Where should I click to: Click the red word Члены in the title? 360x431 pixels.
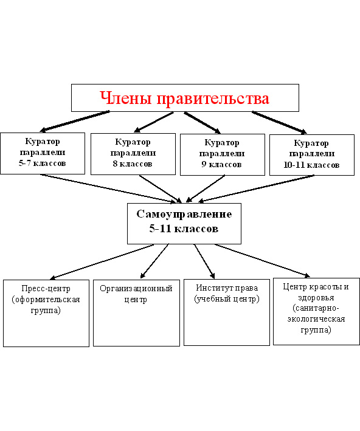coord(126,98)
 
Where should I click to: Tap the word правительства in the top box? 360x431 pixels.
coord(213,98)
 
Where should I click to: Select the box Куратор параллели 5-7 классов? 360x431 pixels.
coord(43,153)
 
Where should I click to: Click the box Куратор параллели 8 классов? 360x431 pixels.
coord(133,154)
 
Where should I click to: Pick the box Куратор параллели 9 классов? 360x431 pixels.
coord(223,154)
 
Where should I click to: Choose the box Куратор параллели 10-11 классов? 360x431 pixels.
coord(312,155)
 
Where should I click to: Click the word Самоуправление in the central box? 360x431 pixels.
coord(184,214)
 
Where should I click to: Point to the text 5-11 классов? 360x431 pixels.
coord(184,229)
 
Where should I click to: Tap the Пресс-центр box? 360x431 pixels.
coord(46,313)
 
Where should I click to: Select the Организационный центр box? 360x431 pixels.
coord(136,313)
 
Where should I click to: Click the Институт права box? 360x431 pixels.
coord(227,312)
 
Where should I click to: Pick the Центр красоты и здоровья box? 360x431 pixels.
coord(316,311)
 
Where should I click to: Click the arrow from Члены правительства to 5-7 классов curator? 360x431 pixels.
coord(75,121)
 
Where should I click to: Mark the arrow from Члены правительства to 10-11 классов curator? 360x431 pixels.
coord(279,123)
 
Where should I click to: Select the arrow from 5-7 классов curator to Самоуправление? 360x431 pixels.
coord(109,188)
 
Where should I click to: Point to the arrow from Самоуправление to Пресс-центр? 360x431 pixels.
coord(102,261)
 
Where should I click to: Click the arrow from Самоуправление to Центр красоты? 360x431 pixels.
coord(262,261)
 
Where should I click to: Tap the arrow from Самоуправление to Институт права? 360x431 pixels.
coord(204,261)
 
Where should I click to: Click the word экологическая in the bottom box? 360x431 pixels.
coord(316,319)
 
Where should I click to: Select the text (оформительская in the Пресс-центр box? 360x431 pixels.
coord(46,300)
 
